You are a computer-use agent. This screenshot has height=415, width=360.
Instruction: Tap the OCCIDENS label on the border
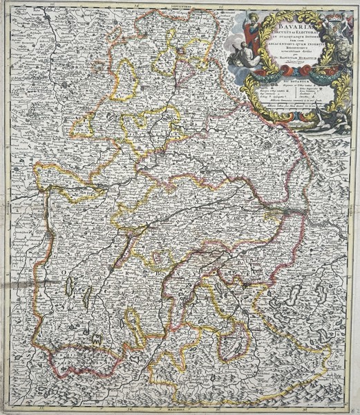coord(5,207)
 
